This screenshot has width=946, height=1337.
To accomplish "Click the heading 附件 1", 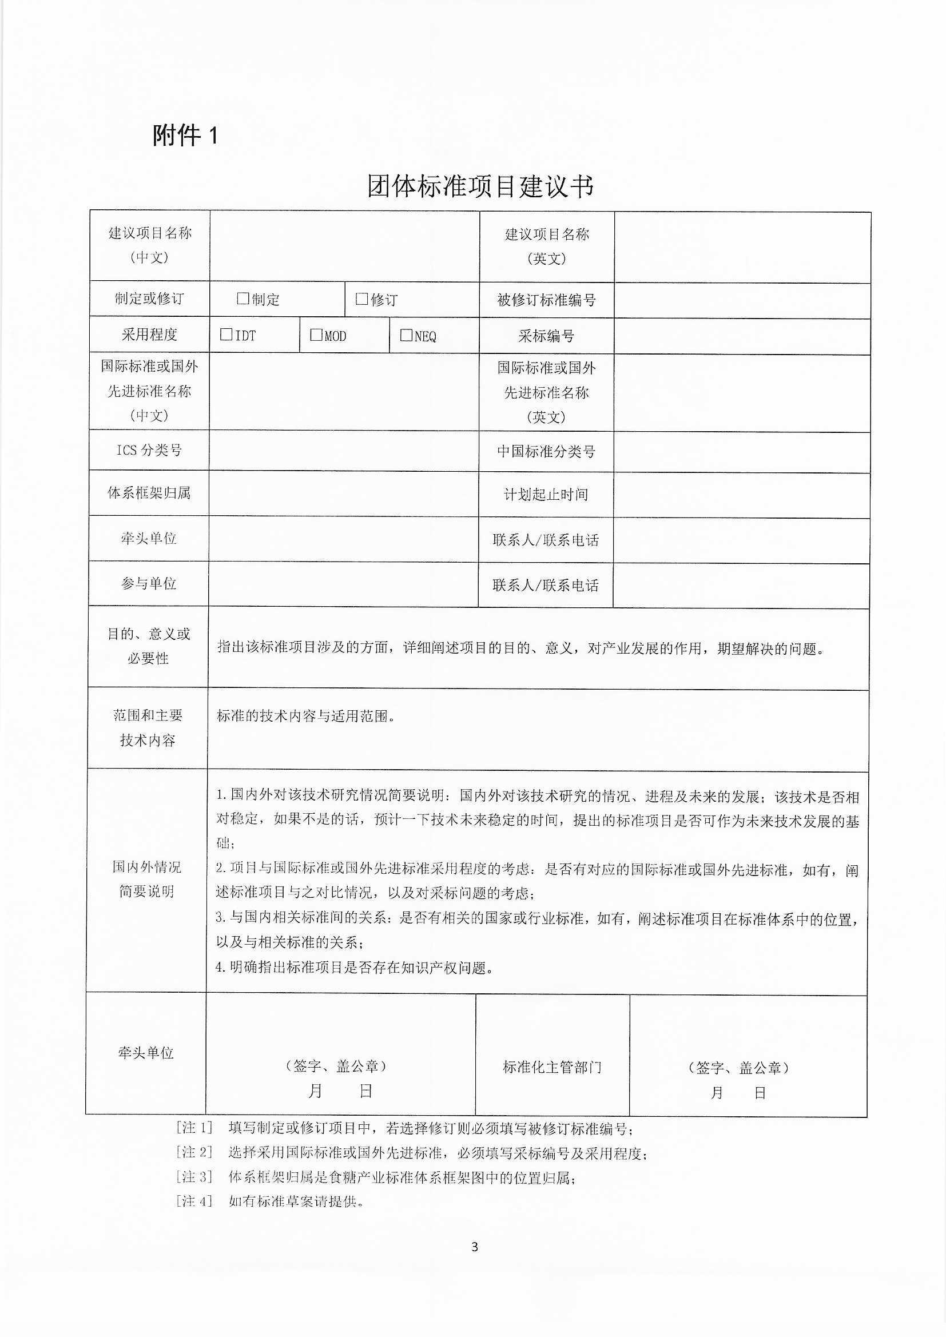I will coord(185,136).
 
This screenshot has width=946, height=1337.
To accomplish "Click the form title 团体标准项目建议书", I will coord(480,187).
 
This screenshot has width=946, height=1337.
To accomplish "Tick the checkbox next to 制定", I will coord(243,299).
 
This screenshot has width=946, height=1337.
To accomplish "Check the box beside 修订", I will coord(361,299).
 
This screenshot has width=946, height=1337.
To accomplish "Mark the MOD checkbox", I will coord(316,335).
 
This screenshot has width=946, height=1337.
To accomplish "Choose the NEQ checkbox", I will coord(406,336).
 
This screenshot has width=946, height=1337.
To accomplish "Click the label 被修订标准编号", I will coord(546,300).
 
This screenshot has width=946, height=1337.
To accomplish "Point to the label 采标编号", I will coord(546,336).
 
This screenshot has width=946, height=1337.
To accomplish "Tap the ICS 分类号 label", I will coord(149,450).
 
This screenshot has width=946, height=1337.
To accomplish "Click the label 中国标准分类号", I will coord(546,452).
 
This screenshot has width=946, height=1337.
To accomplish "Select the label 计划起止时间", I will coord(546,495).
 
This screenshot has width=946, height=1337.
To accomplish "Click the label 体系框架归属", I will coord(149,493).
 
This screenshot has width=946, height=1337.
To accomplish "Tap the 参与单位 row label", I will coord(149,583).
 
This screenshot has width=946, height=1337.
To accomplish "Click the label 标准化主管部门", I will coord(553,1068).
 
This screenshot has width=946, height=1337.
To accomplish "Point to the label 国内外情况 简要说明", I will coord(147,879).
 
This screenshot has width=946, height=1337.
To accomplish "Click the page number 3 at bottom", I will coord(474,1247).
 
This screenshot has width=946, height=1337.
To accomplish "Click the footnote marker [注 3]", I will coord(194,1177).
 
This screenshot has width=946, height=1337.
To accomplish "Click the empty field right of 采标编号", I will coord(742,337).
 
